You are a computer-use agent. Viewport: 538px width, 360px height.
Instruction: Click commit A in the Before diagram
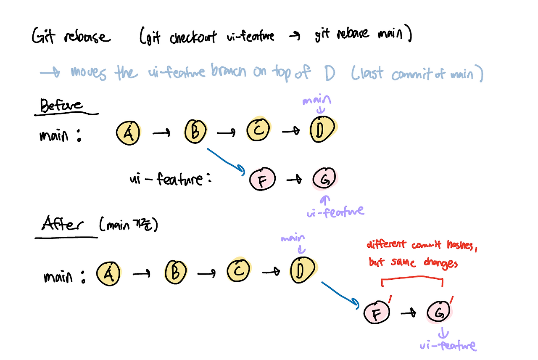(128, 133)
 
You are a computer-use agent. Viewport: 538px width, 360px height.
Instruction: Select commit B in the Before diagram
(195, 132)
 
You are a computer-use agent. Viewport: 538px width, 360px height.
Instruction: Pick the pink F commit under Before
(263, 180)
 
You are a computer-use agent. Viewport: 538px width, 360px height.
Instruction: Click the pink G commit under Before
(324, 180)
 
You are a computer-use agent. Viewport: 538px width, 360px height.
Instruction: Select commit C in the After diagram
(239, 271)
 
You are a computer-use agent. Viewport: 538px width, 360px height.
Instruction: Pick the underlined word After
(61, 225)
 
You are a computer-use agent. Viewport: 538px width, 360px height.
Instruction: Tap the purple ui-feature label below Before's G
(335, 211)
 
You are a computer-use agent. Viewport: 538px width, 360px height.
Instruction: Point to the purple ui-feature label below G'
(448, 345)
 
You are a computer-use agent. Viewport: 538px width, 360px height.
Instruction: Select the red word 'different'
(386, 244)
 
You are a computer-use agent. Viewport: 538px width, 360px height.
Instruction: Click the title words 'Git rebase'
(71, 37)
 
